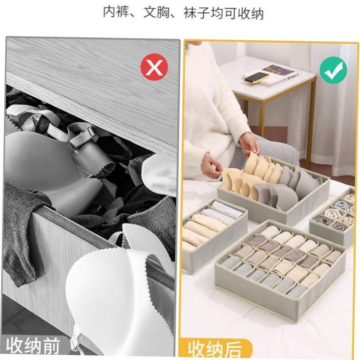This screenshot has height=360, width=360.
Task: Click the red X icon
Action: coord(154,67)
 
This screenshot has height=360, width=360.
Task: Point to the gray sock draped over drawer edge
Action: coord(22,230)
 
